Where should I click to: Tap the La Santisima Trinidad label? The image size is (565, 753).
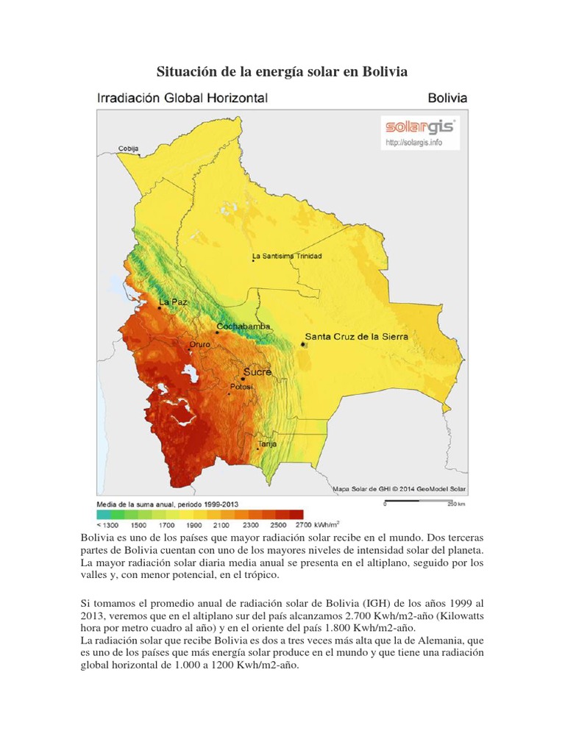[x=287, y=257]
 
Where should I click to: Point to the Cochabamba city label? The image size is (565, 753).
[x=244, y=326]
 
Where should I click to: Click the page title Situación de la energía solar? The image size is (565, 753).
[x=282, y=72]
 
